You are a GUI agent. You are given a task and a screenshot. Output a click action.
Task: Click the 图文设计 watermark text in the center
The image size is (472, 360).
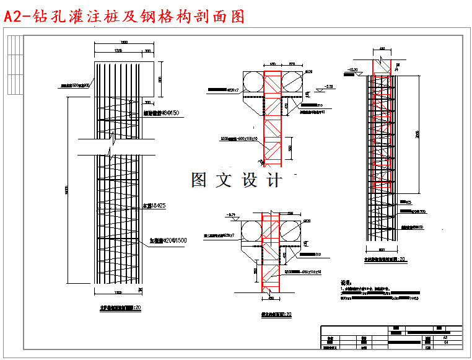tap(236, 180)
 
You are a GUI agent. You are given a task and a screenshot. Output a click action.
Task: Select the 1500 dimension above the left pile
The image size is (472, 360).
tap(124, 42)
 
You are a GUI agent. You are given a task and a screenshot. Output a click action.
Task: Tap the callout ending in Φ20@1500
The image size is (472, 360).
tap(168, 239)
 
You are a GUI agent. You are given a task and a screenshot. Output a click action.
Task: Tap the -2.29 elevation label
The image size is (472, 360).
tap(329, 86)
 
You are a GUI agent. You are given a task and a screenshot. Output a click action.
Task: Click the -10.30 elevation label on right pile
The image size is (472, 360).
tap(354, 69)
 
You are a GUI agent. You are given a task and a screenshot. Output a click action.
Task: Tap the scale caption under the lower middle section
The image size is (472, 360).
tap(276, 315)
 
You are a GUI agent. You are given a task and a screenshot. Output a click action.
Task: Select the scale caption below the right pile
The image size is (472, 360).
tap(385, 259)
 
